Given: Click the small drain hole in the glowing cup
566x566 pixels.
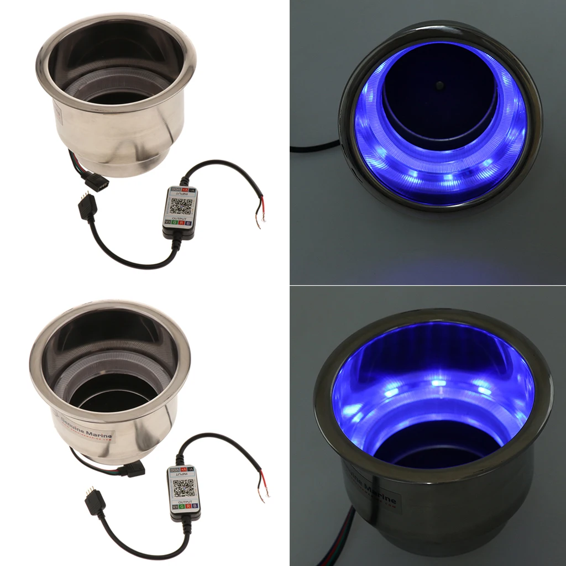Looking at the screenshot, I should [x=439, y=86].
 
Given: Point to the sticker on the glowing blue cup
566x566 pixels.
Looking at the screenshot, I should [x=373, y=487].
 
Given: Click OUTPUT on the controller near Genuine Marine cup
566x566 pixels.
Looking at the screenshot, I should [x=184, y=500].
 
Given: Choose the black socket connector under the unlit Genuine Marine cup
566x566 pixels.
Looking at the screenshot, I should [x=133, y=470].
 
